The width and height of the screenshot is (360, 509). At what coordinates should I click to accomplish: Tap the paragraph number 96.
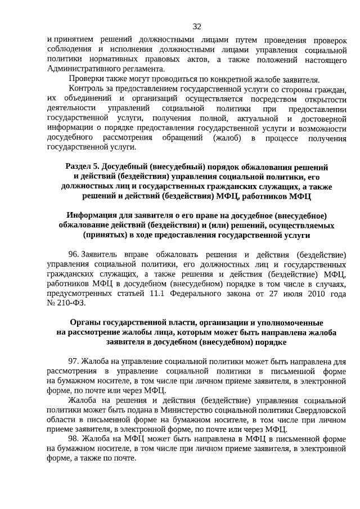coord(74,254)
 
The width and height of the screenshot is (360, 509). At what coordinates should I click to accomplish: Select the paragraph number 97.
coord(74,361)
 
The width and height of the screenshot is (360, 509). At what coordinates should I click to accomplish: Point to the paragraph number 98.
coord(74,438)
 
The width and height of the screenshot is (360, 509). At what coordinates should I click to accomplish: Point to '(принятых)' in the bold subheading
coord(105,235)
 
